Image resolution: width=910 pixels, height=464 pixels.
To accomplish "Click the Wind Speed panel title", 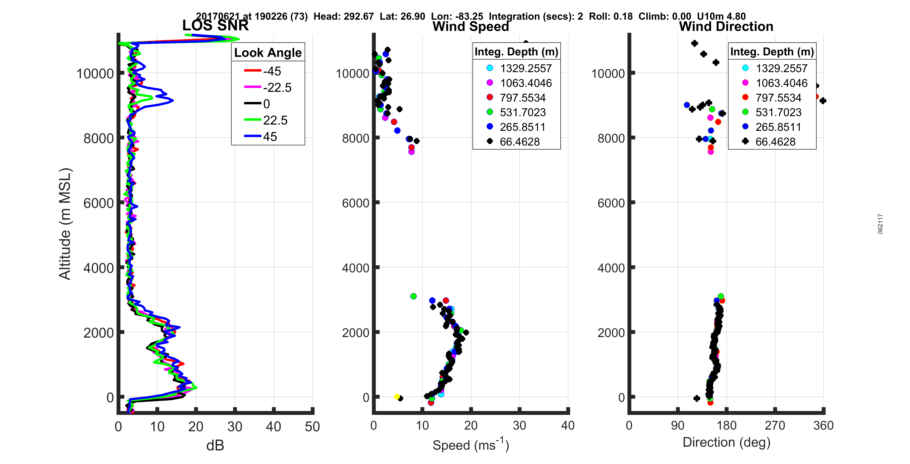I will (471, 26).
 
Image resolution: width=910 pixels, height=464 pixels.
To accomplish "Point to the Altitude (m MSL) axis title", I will (65, 224).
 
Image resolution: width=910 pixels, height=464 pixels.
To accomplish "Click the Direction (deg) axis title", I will (726, 442).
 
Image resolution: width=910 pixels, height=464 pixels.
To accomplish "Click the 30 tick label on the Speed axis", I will (519, 425).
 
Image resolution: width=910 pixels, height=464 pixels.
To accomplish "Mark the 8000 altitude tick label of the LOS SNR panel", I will (99, 138).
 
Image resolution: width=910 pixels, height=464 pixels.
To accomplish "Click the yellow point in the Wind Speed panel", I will (397, 396).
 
